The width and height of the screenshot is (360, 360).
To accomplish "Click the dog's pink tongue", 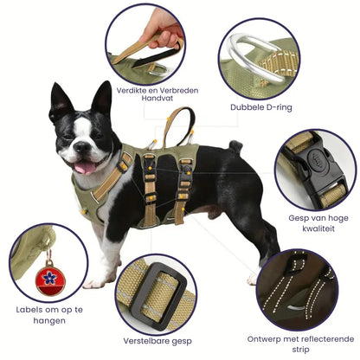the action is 85,167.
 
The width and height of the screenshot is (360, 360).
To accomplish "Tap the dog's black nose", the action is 82,146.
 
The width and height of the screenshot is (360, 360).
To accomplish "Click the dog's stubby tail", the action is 235,146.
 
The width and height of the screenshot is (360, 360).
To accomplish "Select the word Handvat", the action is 157,98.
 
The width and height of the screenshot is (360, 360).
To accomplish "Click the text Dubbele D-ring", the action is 261,107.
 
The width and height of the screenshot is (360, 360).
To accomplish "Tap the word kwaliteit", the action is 318,228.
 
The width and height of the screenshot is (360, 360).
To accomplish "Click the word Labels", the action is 29,310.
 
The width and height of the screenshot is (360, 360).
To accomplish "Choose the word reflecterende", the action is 326,338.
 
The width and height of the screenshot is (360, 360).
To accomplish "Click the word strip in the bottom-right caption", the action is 300,350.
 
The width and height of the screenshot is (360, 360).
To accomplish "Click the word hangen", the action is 49,321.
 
